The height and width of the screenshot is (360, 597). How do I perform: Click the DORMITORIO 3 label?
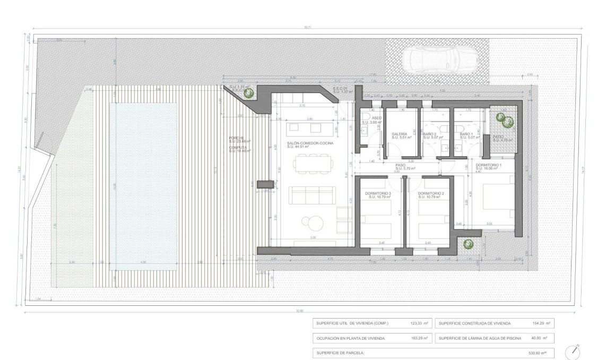click(x=379, y=193)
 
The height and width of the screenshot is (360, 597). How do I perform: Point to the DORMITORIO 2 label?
click(x=430, y=193)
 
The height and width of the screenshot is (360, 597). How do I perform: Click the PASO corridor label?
click(x=400, y=166)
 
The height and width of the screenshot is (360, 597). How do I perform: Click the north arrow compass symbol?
click(x=574, y=351)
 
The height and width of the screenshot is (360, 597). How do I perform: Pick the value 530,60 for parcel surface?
click(x=541, y=352)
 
